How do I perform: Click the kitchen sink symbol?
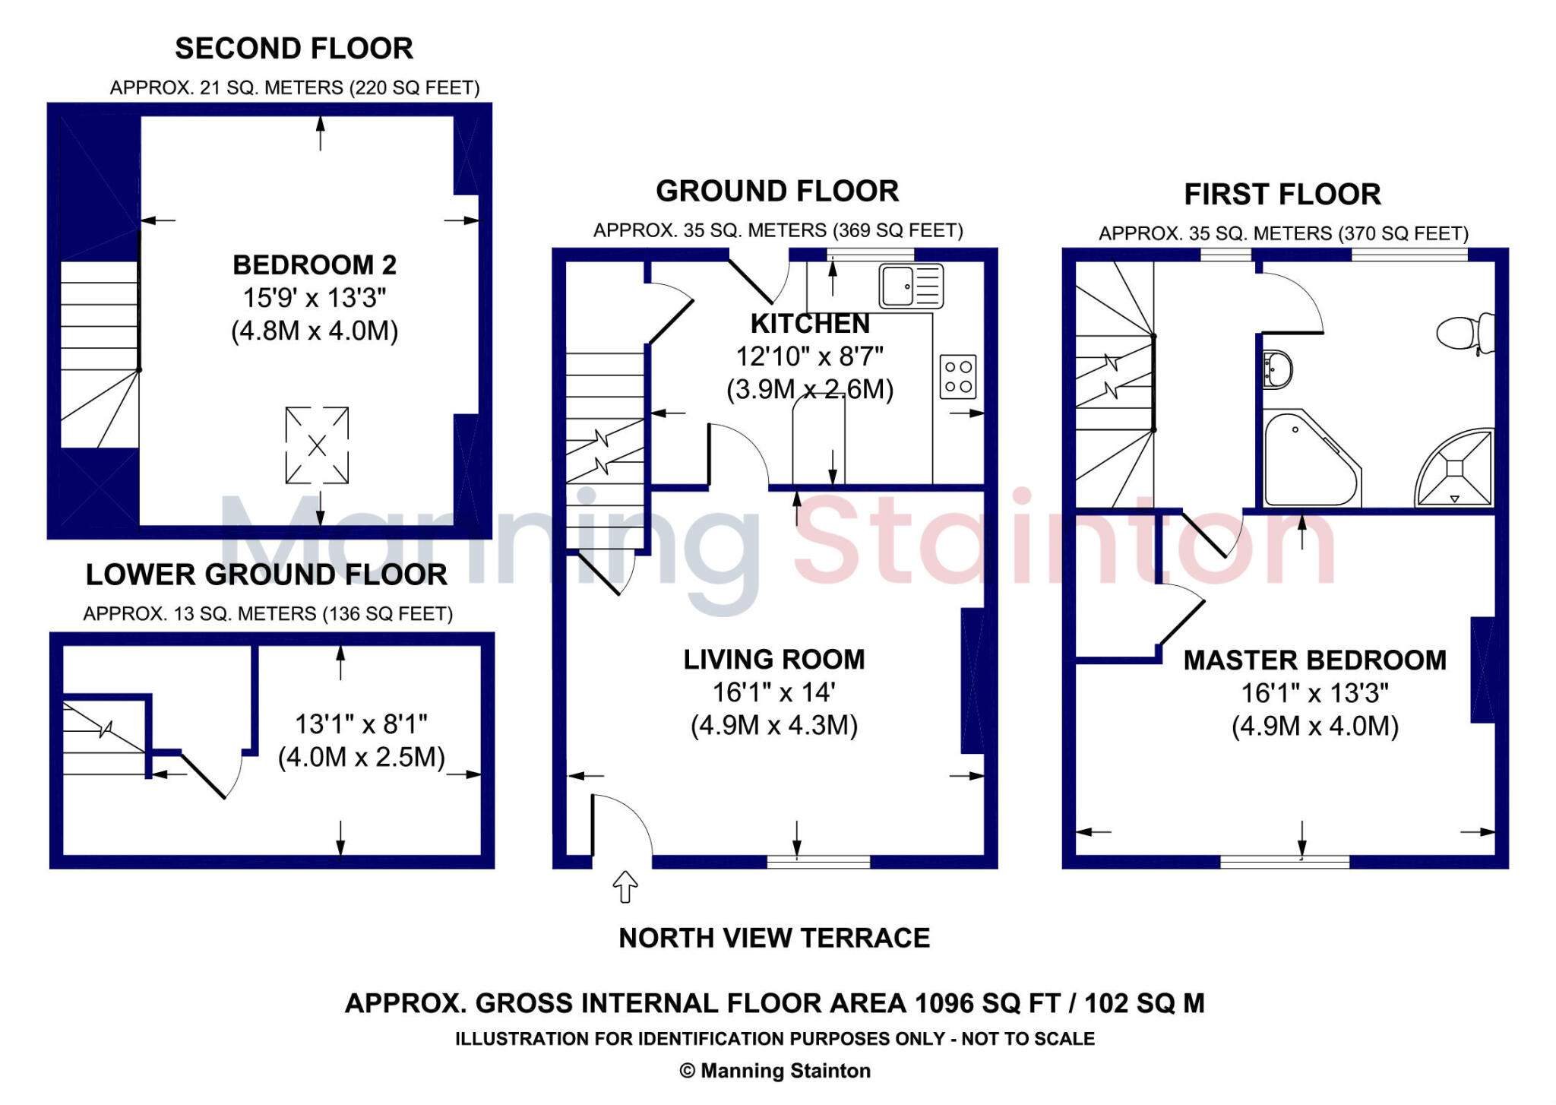(911, 286)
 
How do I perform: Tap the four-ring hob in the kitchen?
(957, 377)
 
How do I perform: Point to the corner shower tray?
(1455, 468)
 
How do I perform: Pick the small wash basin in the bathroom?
(1277, 369)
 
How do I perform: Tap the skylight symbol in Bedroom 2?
(317, 445)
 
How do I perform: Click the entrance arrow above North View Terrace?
(625, 887)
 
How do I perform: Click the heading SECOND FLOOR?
(294, 49)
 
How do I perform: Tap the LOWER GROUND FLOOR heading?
(266, 575)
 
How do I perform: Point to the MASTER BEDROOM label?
(1314, 660)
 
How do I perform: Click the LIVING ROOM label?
(774, 660)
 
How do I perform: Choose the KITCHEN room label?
(810, 324)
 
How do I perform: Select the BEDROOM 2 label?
(315, 265)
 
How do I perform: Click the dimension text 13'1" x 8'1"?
(361, 724)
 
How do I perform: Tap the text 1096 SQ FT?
(987, 1004)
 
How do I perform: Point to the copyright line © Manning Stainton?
(775, 1071)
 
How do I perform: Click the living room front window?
(818, 861)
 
